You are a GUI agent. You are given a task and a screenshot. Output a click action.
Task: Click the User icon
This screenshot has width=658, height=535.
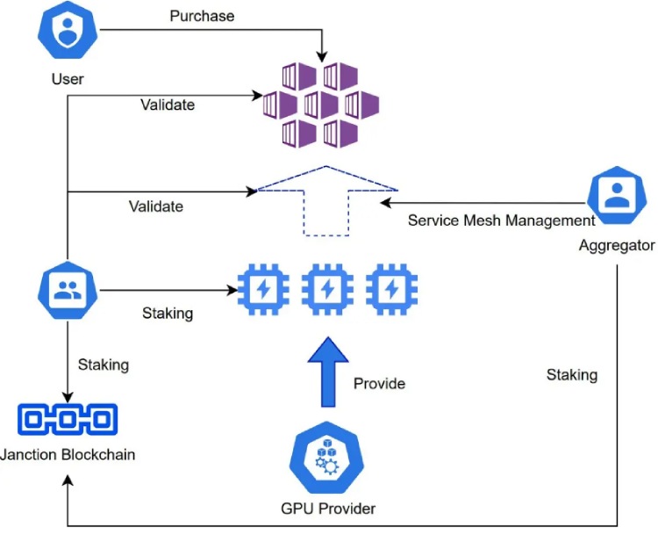click(x=67, y=31)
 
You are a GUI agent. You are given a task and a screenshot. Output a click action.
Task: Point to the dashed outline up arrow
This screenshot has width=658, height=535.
click(x=326, y=199)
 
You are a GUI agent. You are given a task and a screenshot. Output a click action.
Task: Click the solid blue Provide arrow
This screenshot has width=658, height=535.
click(x=326, y=372)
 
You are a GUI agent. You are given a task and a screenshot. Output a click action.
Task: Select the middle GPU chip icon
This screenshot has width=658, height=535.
click(x=327, y=288)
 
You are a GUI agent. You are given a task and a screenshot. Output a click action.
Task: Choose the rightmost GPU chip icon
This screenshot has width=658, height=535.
click(x=391, y=288)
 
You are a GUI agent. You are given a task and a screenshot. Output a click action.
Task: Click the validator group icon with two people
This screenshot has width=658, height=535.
click(x=67, y=293)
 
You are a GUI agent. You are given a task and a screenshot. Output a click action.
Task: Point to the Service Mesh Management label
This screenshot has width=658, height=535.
click(x=501, y=221)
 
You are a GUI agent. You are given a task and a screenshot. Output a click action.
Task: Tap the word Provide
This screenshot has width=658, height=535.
click(x=379, y=384)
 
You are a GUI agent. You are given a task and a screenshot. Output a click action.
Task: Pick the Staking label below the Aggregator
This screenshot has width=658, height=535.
click(x=571, y=375)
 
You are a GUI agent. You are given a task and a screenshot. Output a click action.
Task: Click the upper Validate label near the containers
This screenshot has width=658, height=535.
click(x=168, y=105)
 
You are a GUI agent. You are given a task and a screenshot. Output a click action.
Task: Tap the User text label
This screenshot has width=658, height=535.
click(x=68, y=79)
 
